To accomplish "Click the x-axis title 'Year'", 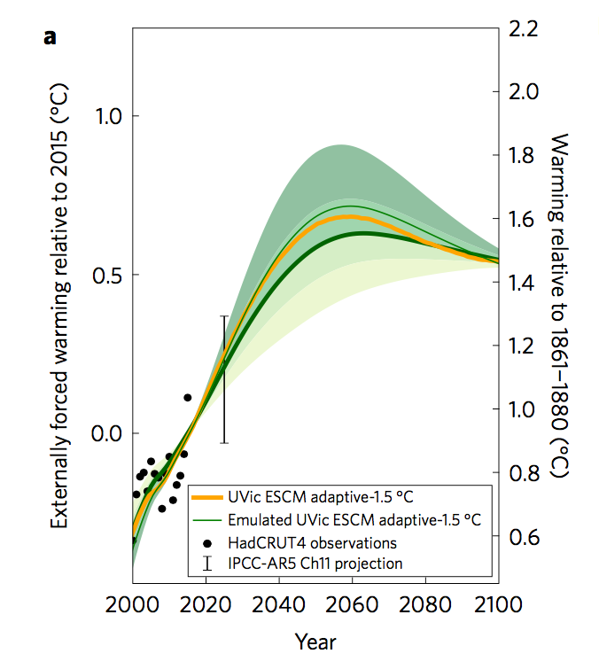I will (x=315, y=641).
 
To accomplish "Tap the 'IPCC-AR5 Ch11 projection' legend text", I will (x=315, y=564).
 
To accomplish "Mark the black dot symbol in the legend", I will (x=206, y=541).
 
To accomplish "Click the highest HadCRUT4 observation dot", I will (x=187, y=398).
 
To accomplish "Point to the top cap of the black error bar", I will (x=224, y=316).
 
